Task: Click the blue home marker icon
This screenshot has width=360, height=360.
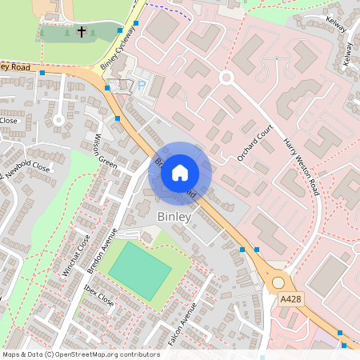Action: (180, 172)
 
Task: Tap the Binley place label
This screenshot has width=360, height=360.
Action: (174, 217)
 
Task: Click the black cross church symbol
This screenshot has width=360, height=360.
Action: (82, 33)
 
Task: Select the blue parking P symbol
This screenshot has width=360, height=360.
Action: (142, 85)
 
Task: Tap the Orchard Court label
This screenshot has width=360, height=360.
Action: (255, 142)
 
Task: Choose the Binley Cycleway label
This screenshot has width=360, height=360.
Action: (116, 54)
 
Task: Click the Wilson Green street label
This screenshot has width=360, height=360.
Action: (106, 149)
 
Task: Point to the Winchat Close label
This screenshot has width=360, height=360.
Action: (76, 254)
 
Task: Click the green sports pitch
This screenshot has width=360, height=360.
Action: (140, 270)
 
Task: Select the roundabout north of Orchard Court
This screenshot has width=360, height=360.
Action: (226, 78)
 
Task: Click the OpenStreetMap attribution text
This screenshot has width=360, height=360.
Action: (81, 354)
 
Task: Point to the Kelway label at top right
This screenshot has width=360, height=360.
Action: (337, 25)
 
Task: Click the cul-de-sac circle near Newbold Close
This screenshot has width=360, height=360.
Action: (58, 120)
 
